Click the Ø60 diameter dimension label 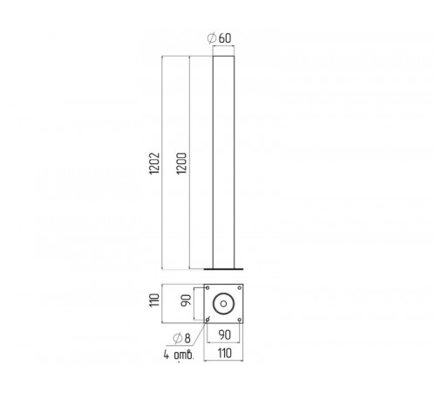pos(220,38)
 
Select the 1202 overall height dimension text pos(154,163)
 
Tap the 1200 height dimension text pos(181,163)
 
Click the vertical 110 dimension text pos(154,300)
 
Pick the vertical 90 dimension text pos(186,300)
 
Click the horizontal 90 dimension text pos(225,335)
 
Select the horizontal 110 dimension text pos(225,353)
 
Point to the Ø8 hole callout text pos(181,338)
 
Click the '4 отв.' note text pos(179,355)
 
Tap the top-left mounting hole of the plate pos(208,288)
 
